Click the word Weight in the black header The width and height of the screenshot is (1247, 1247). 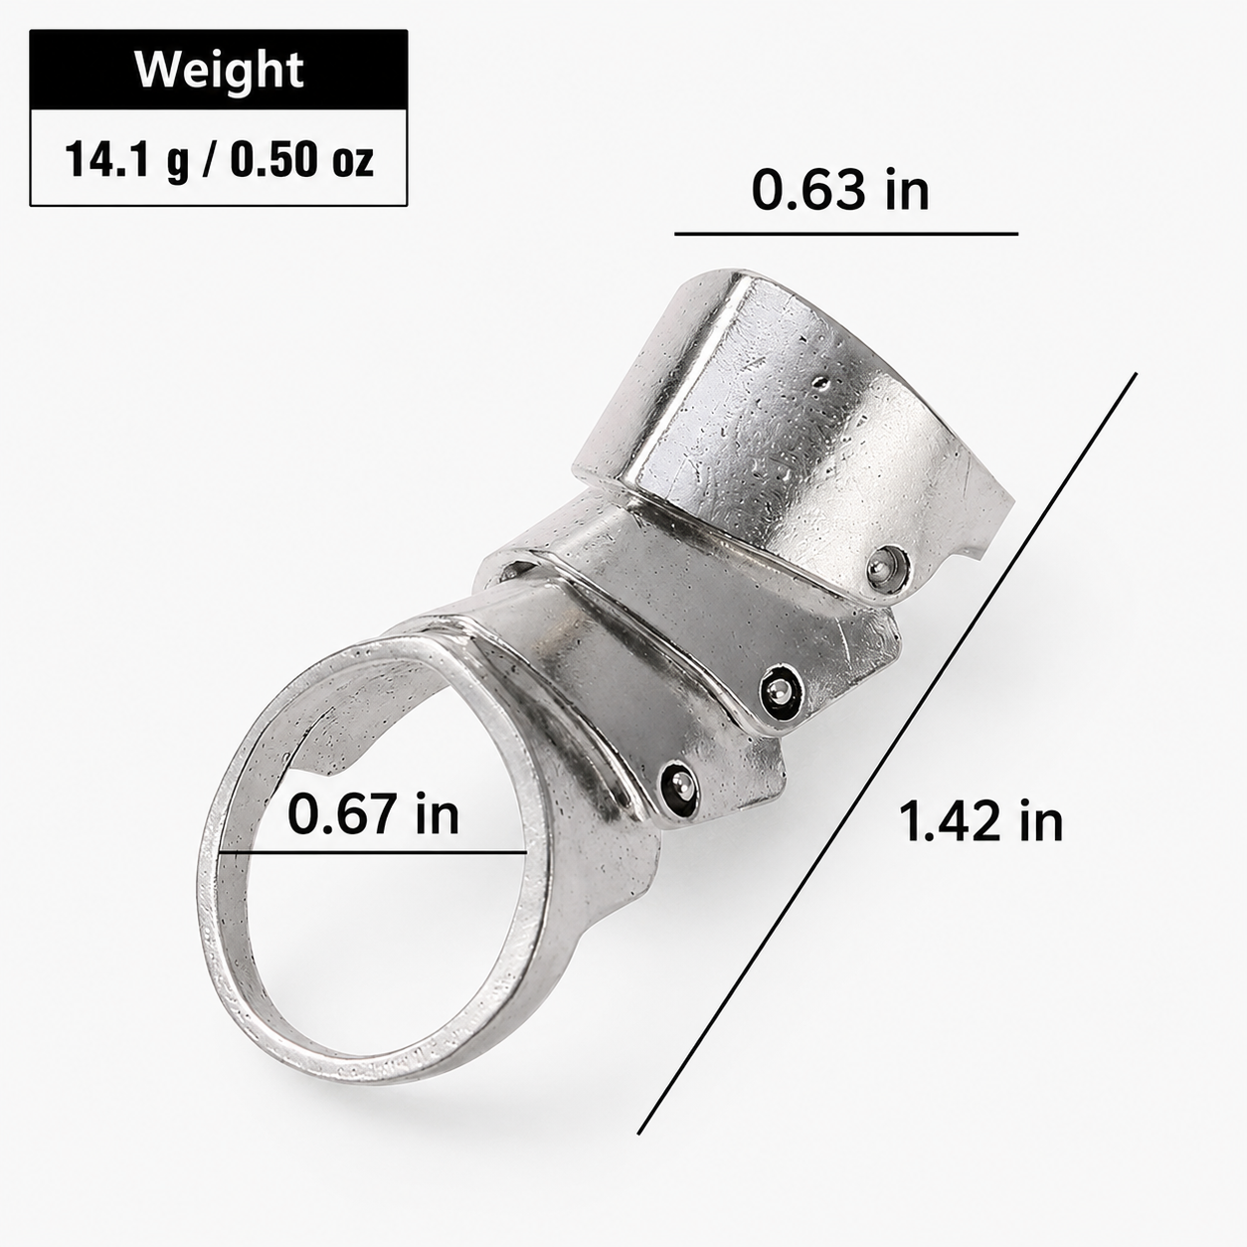pyautogui.click(x=220, y=70)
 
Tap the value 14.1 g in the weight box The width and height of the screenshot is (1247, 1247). pyautogui.click(x=127, y=160)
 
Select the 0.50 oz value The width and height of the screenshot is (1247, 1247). pyautogui.click(x=302, y=160)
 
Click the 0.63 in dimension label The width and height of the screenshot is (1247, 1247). pyautogui.click(x=840, y=190)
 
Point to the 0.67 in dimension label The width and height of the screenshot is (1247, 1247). pyautogui.click(x=373, y=813)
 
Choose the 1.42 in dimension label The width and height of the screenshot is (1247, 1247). pyautogui.click(x=981, y=821)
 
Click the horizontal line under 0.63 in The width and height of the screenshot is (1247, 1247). pyautogui.click(x=846, y=233)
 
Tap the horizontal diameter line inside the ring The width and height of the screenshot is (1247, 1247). pyautogui.click(x=372, y=853)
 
